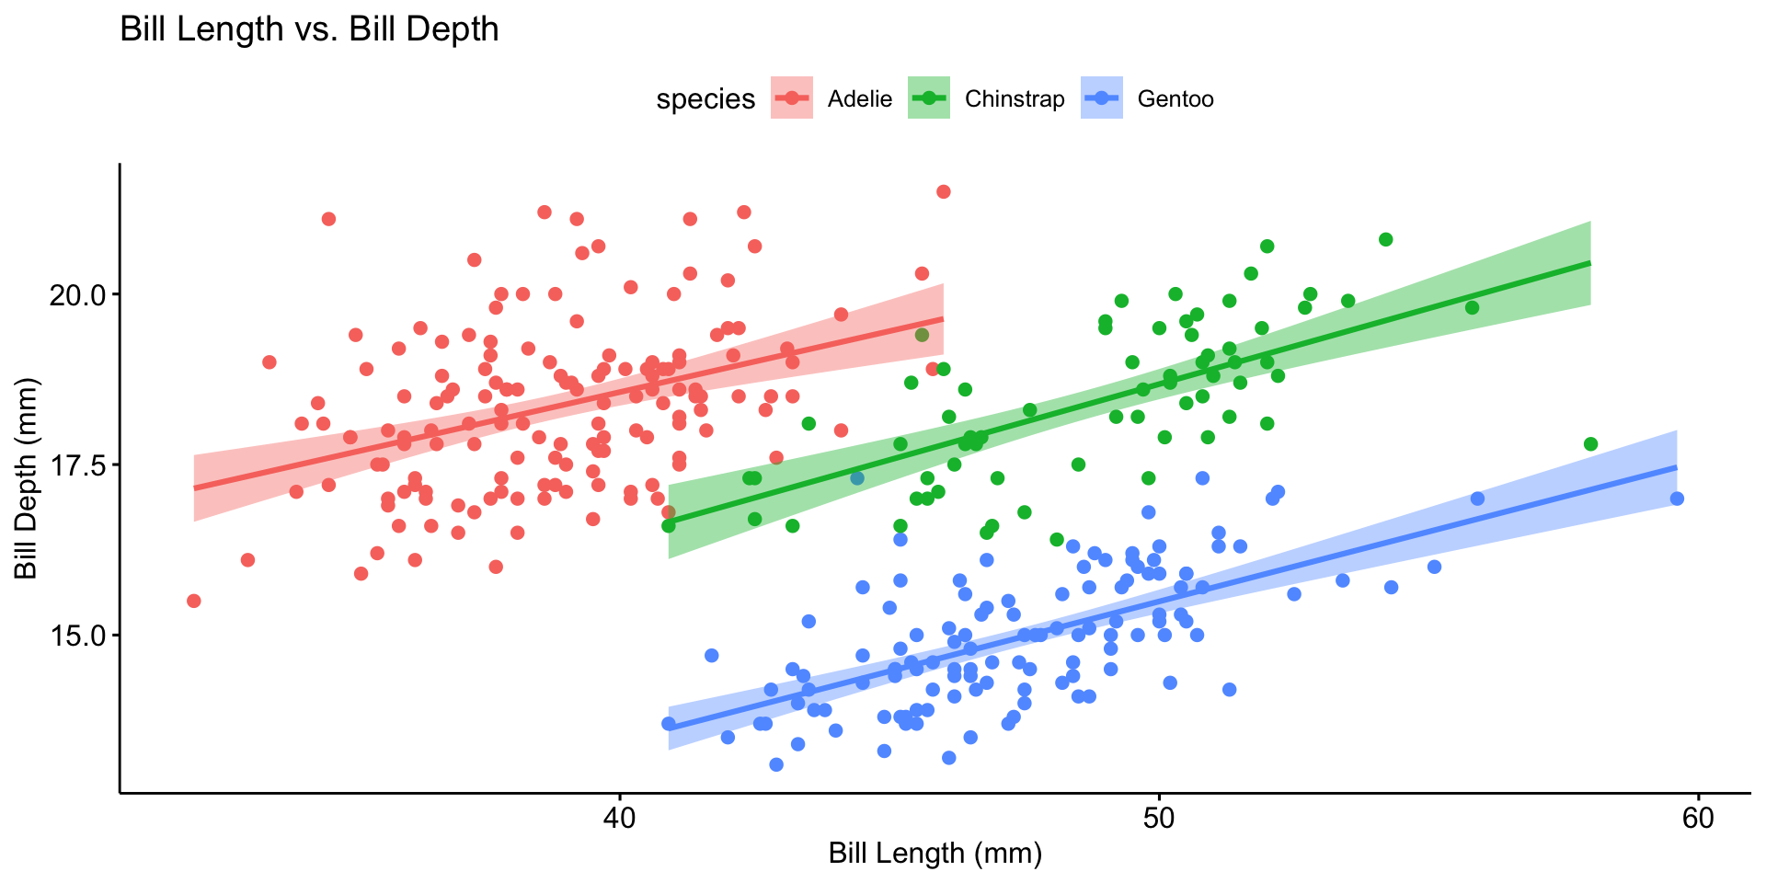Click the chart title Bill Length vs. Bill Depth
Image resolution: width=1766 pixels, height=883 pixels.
coord(309,29)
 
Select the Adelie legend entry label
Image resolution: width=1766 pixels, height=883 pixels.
coord(859,99)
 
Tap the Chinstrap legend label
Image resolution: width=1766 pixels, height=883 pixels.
coord(1014,99)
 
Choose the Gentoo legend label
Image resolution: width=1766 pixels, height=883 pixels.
coord(1175,99)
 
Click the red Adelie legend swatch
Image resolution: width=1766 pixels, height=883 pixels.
coord(791,98)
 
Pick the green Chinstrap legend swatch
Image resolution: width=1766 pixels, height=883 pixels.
coord(929,98)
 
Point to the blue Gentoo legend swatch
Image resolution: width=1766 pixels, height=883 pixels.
coord(1102,98)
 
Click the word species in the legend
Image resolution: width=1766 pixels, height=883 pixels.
coord(705,99)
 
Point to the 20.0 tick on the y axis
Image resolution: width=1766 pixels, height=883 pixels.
coord(82,294)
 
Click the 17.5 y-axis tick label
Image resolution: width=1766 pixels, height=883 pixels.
coord(82,464)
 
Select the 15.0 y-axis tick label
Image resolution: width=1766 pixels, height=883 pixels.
coord(82,635)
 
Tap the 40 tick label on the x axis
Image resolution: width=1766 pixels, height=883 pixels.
coord(619,818)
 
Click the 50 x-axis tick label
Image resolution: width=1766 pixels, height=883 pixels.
coord(1158,818)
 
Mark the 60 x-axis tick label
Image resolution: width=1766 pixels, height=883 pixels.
coord(1697,818)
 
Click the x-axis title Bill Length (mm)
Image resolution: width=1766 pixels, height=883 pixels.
coord(935,854)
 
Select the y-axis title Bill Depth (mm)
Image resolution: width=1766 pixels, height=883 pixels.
coord(28,478)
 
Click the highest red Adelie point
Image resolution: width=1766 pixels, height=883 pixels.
coord(943,191)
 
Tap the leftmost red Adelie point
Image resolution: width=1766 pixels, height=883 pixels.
coord(193,601)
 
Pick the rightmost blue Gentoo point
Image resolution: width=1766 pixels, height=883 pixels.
coord(1677,499)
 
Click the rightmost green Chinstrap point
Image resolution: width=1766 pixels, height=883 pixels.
coord(1590,444)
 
